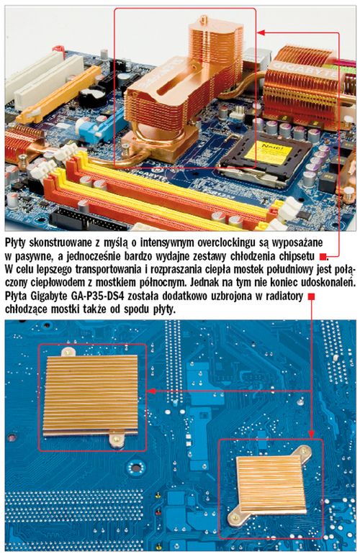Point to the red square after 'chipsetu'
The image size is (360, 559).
pos(323,256)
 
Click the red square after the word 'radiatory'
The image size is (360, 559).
pos(312,296)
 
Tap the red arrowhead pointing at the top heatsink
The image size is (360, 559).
pos(261,33)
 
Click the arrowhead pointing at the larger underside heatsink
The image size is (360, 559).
pos(151,391)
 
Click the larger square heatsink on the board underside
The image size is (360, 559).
pos(91,395)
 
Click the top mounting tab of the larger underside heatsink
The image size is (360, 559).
pos(68,352)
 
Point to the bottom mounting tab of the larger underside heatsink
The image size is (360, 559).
pos(117,439)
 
